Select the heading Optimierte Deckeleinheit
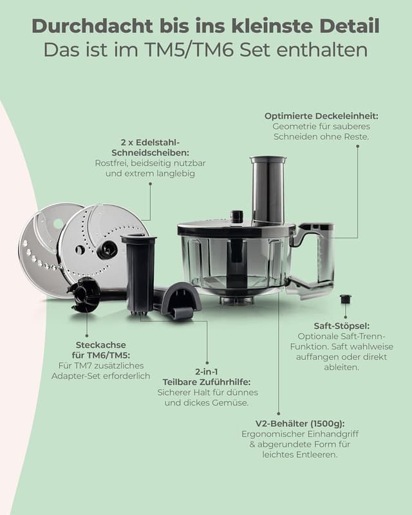(321, 116)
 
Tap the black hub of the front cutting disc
(107, 248)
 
